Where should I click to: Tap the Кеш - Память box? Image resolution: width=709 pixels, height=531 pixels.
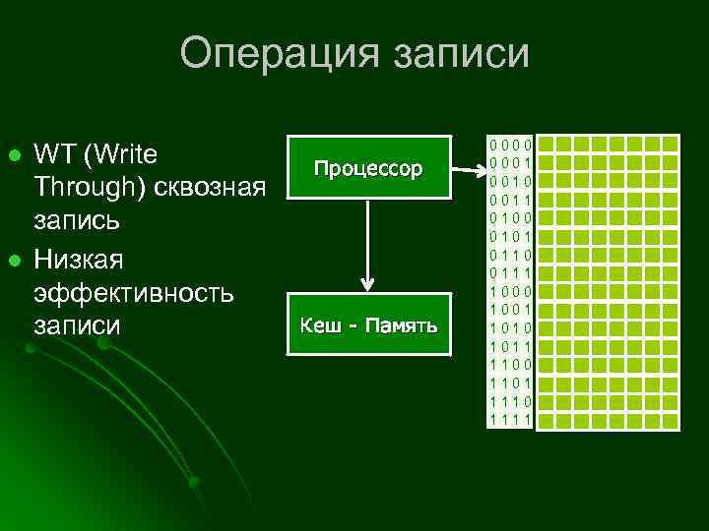click(x=367, y=324)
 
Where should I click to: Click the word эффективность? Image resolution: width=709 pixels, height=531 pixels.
click(x=133, y=292)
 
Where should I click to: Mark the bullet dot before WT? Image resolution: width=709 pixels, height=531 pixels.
click(x=14, y=156)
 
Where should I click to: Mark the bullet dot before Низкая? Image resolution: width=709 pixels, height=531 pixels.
click(x=14, y=260)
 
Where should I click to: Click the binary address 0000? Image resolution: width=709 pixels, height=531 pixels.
click(x=510, y=146)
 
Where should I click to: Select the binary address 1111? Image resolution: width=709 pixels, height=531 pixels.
click(x=510, y=421)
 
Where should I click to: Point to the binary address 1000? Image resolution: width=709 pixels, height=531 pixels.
click(x=510, y=292)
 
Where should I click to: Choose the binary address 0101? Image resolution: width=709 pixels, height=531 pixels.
click(x=510, y=237)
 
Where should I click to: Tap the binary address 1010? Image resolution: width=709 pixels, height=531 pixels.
click(x=510, y=328)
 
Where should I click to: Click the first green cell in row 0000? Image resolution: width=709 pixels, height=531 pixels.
click(x=544, y=145)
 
